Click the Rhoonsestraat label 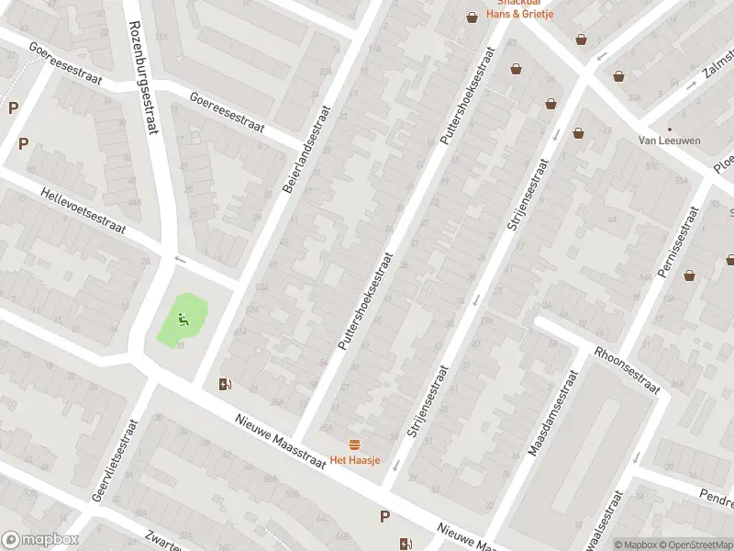pyautogui.click(x=628, y=369)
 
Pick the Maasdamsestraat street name pyautogui.click(x=553, y=414)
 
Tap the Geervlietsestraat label pyautogui.click(x=114, y=461)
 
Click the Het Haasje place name pyautogui.click(x=355, y=460)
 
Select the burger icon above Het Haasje pyautogui.click(x=355, y=444)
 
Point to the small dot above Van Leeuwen pyautogui.click(x=669, y=129)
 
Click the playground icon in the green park pyautogui.click(x=183, y=320)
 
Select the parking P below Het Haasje pyautogui.click(x=385, y=517)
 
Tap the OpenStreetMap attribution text pyautogui.click(x=695, y=545)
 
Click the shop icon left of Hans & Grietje pyautogui.click(x=472, y=17)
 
